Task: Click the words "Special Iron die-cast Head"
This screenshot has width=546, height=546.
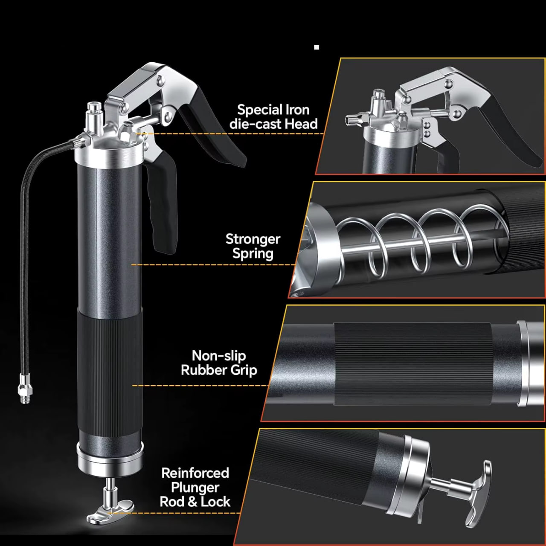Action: tap(273, 117)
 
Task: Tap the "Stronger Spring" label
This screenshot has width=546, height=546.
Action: tap(253, 246)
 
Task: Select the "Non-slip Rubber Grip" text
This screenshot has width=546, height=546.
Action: tap(219, 363)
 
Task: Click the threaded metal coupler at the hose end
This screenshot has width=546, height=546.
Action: tap(25, 388)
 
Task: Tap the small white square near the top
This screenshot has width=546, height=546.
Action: tap(317, 47)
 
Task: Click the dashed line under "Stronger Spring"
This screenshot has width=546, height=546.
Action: tap(213, 264)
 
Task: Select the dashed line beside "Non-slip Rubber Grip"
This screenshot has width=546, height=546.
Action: tap(200, 385)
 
